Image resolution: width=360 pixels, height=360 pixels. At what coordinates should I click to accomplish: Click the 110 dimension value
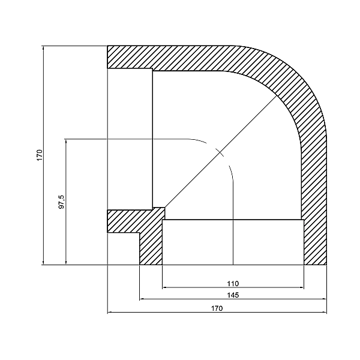[233, 283]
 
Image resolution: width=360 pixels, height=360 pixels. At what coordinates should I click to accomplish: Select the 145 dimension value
[233, 295]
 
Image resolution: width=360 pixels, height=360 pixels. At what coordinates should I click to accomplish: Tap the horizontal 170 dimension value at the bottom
[217, 308]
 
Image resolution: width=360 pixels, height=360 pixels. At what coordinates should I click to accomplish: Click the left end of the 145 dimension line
[140, 299]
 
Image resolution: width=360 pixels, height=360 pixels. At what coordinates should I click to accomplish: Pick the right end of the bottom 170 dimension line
[327, 313]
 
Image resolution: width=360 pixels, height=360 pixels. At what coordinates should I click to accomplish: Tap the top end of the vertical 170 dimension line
[44, 46]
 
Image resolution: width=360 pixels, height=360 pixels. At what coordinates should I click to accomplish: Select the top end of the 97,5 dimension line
[65, 139]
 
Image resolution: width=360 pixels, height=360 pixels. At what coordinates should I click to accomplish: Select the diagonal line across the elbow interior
[222, 150]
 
